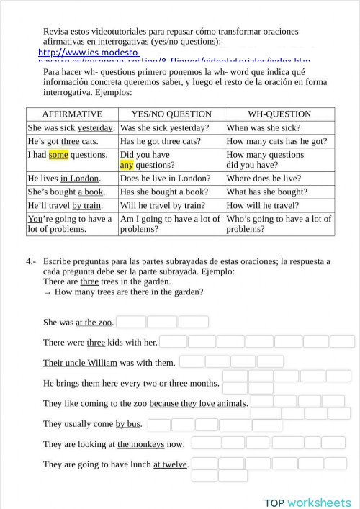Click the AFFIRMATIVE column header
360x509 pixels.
(x=72, y=114)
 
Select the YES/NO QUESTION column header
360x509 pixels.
(x=171, y=114)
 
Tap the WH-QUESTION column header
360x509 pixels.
(x=279, y=114)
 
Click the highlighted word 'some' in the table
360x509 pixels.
(x=58, y=155)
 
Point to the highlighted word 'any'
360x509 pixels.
(x=127, y=165)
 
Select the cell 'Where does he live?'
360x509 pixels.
(x=264, y=179)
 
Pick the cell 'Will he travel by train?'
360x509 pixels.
(x=163, y=205)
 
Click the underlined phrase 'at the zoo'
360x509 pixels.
(x=94, y=323)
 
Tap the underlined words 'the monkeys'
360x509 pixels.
(x=141, y=444)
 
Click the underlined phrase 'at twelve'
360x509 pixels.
(x=170, y=464)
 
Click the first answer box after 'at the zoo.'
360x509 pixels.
(x=131, y=322)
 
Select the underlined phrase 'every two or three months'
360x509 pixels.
(x=168, y=383)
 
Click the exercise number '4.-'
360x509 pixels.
(x=31, y=262)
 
